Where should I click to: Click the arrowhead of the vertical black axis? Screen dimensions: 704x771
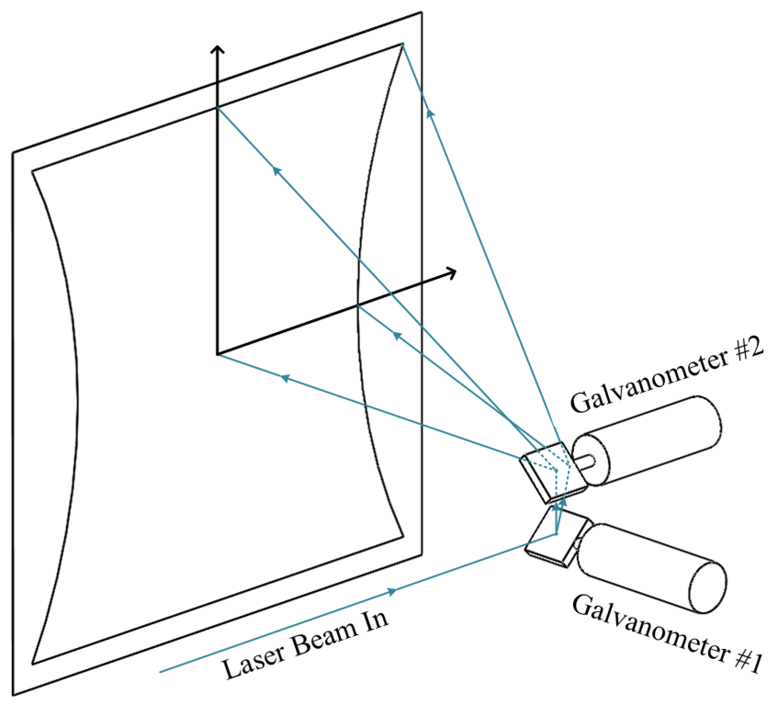[218, 47]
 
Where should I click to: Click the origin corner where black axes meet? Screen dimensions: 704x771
[218, 355]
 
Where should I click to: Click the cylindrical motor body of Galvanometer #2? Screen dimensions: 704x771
[650, 440]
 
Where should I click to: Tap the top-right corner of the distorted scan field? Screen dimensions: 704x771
[402, 44]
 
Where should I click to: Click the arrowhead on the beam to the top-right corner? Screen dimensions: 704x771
[430, 113]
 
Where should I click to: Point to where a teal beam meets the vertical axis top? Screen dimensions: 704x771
[218, 108]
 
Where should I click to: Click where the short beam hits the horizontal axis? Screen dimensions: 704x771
[358, 306]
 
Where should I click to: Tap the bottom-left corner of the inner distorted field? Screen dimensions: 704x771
[33, 664]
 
